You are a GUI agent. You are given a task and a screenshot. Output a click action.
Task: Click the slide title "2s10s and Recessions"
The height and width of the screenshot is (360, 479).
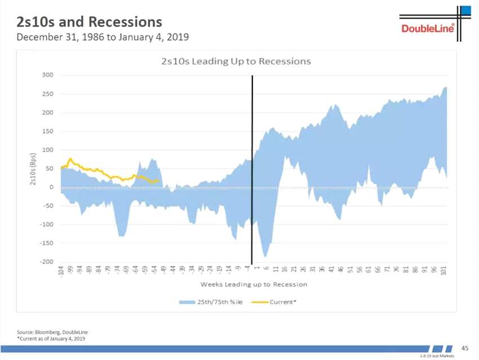pos(90,22)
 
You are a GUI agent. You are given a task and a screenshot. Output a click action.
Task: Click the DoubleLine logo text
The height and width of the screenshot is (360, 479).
pos(428,29)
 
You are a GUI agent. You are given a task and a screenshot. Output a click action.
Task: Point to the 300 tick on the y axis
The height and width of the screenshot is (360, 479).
pos(47,75)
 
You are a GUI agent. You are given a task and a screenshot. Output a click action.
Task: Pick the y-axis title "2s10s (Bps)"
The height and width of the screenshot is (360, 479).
pos(33,168)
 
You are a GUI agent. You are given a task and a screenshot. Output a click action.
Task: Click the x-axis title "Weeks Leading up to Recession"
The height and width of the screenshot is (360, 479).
pos(254,284)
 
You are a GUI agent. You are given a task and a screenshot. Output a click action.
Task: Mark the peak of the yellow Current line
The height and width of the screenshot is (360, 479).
pos(70,159)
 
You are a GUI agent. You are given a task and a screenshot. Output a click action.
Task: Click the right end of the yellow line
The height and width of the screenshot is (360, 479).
pos(160,181)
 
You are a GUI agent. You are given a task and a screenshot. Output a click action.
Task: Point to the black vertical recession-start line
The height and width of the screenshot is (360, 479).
pos(252,169)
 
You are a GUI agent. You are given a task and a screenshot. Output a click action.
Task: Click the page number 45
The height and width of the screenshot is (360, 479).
pos(465,349)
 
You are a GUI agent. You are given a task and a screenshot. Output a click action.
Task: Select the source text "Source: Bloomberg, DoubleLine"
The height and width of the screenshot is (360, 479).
pos(51,332)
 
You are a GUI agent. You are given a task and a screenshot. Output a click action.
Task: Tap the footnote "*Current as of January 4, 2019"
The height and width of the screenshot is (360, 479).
pos(51,338)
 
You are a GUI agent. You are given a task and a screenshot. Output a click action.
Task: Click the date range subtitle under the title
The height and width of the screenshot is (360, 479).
pos(103,38)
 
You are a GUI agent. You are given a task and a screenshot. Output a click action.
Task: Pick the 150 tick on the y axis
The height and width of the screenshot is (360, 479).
pos(47,131)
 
